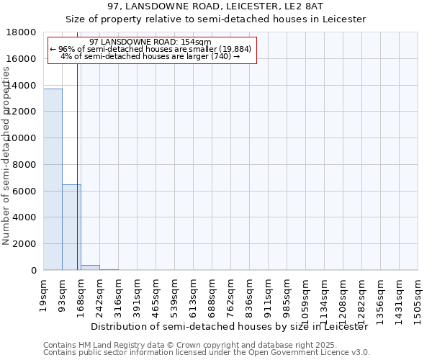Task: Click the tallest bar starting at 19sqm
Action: point(53,179)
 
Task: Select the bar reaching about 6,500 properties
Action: point(71,227)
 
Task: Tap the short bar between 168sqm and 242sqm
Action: point(90,267)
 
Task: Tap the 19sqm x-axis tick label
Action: point(43,295)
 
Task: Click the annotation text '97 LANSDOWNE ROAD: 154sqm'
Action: point(152,42)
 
